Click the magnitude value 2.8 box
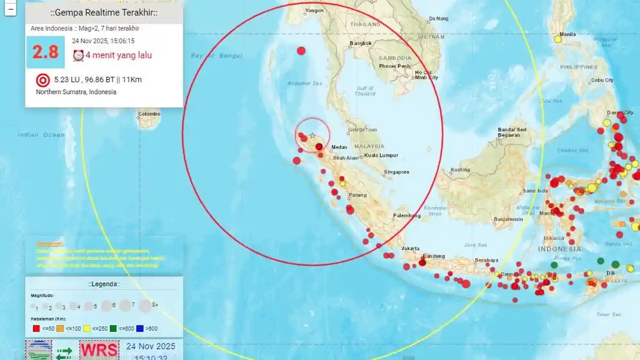coord(45,52)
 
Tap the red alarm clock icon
coord(78,55)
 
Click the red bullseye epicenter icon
coord(43,81)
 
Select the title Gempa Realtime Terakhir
coord(104,13)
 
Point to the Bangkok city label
coord(359,43)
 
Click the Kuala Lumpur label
coord(381,156)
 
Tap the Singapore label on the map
coord(396,172)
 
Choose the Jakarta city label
coord(411,249)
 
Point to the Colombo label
coord(149,114)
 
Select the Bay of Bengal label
coord(217,56)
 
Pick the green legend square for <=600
coord(114,329)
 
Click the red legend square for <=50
coord(36,329)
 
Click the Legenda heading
coord(104,284)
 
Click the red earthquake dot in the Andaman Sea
coord(301,51)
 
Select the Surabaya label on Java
coord(486,261)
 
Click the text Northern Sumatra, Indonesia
coord(76,92)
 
